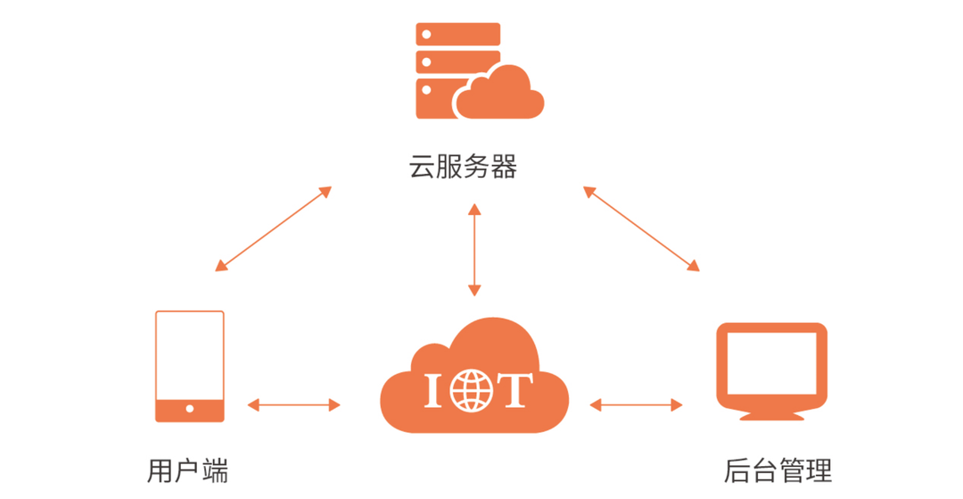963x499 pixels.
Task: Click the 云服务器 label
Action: coord(463,167)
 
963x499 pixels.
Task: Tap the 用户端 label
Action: coord(187,470)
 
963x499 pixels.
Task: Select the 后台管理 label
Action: coord(778,470)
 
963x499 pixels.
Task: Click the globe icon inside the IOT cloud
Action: coord(471,390)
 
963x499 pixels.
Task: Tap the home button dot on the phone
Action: coord(190,410)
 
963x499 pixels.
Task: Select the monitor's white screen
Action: coord(772,362)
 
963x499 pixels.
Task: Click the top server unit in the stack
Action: coord(457,34)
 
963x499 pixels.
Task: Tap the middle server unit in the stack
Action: coord(457,62)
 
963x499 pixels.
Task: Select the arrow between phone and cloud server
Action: coord(273,229)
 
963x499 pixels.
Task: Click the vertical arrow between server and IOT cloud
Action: coord(474,250)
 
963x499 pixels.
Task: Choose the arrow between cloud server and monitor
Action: coord(641,229)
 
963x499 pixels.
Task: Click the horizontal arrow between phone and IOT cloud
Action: coord(293,405)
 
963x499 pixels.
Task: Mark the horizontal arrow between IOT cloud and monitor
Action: coord(636,405)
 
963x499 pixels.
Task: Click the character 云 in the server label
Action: coord(422,167)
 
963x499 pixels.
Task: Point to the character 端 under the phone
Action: coord(215,470)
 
